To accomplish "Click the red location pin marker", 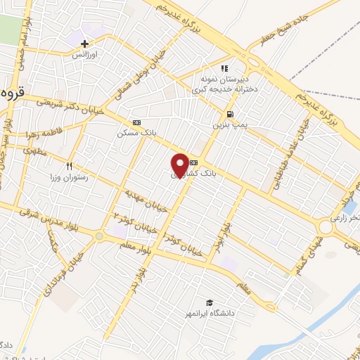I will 180,165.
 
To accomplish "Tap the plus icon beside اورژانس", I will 85,44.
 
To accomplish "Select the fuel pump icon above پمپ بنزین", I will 230,114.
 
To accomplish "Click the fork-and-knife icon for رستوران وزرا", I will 69,166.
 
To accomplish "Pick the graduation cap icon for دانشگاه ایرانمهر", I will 209,303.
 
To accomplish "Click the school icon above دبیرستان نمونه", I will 225,69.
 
